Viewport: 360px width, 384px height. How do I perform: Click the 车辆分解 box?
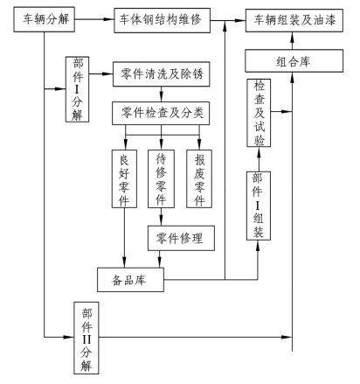coord(45,19)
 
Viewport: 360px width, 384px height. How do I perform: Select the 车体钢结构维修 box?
coord(162,20)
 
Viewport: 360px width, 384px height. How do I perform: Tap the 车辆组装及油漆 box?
coord(294,20)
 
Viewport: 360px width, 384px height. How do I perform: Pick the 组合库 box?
coord(294,60)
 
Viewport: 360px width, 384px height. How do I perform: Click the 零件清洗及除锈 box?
coord(162,74)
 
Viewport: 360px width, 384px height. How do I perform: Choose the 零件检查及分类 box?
coord(161,113)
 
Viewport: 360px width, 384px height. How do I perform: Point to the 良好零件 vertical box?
coord(124,178)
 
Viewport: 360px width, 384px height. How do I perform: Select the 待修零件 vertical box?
coord(161,178)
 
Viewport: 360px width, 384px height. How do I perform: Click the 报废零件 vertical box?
coord(199,178)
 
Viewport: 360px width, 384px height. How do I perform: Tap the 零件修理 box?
coord(181,238)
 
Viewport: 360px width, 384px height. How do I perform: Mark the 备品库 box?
coord(130,280)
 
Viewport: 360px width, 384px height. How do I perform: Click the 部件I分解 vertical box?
coord(77,89)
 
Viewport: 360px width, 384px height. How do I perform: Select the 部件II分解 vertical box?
coord(87,338)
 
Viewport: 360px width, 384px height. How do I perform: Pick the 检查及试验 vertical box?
coord(259,113)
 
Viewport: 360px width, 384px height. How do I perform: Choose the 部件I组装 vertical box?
coord(259,206)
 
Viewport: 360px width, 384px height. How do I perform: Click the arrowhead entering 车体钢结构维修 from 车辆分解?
coord(109,19)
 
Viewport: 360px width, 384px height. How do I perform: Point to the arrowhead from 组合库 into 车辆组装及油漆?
coord(292,37)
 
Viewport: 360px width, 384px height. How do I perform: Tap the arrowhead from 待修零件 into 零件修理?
coord(161,221)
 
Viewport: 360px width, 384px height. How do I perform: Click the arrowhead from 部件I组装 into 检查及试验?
coord(259,151)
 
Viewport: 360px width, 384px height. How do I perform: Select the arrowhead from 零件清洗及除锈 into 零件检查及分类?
coord(161,97)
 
